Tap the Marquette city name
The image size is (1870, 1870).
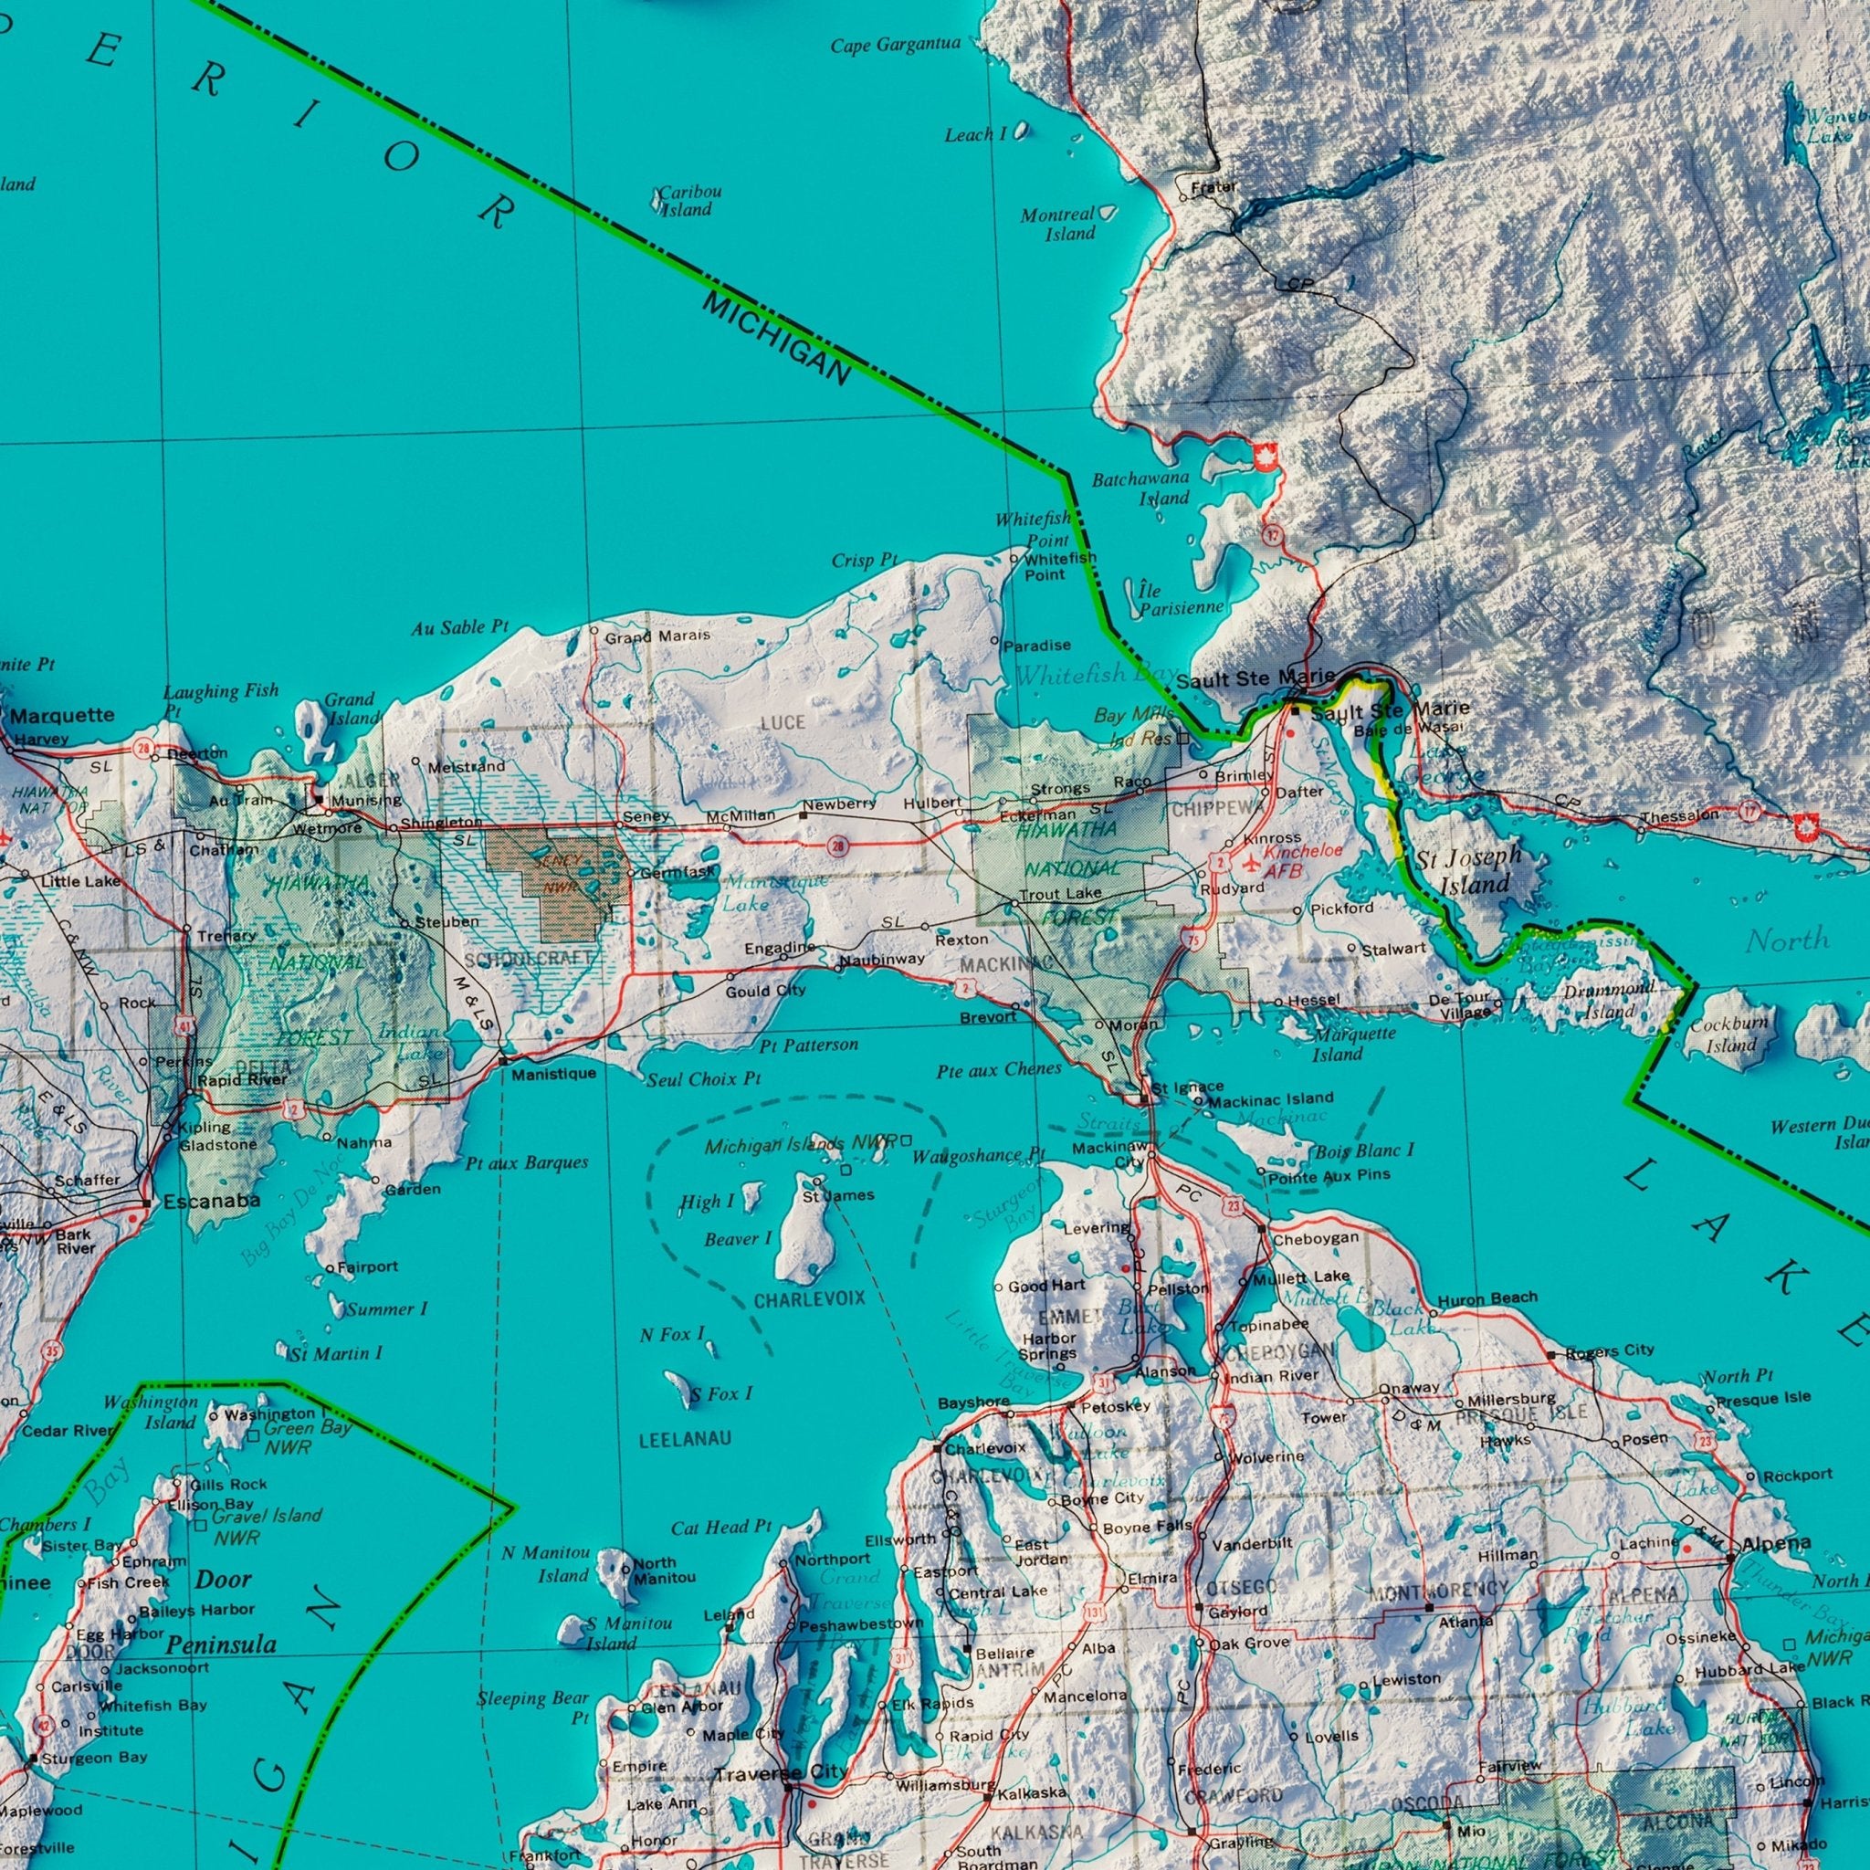pyautogui.click(x=63, y=716)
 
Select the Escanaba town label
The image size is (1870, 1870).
pyautogui.click(x=211, y=1202)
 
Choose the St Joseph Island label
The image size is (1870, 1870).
pyautogui.click(x=1468, y=870)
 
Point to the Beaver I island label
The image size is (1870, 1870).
pyautogui.click(x=738, y=1239)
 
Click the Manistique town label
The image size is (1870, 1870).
pyautogui.click(x=553, y=1075)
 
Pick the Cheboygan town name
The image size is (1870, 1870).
pyautogui.click(x=1316, y=1239)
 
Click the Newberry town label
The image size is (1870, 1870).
pyautogui.click(x=838, y=804)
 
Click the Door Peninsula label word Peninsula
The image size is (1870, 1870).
pyautogui.click(x=221, y=1644)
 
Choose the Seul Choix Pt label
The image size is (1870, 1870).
pyautogui.click(x=704, y=1079)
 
